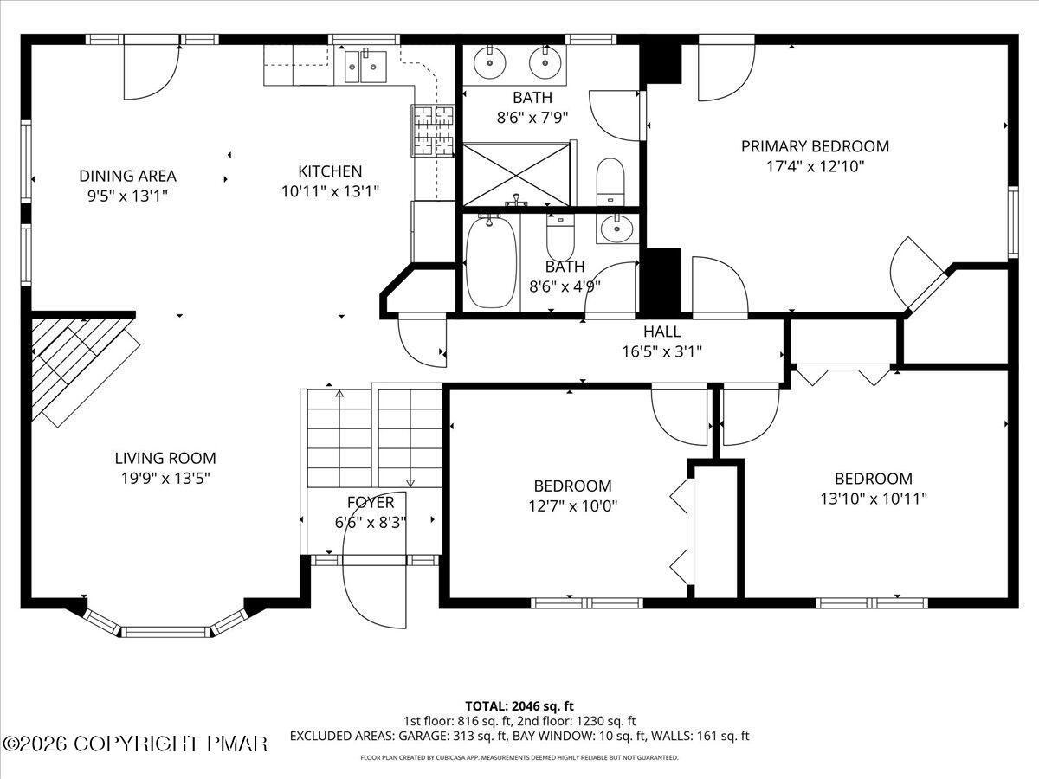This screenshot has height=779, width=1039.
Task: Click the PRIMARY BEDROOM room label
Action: point(815,146)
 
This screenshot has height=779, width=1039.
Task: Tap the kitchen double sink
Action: point(365,66)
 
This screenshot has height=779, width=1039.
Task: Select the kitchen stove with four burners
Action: point(433,131)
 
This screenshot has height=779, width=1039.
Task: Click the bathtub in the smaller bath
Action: point(491,262)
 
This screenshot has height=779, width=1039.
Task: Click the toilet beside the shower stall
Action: point(610,180)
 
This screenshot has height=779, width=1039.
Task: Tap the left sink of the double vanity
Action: point(491,62)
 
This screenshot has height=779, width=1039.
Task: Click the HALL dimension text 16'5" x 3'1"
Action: point(661,351)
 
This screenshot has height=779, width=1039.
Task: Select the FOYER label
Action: point(371,502)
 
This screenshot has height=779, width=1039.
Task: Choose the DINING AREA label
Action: point(127,176)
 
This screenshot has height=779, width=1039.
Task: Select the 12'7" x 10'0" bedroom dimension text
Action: point(572,505)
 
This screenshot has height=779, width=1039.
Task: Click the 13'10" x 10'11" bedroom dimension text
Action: point(873,498)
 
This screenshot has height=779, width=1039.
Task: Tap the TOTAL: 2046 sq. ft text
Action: point(519,705)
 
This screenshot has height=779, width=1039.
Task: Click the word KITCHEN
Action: point(330,171)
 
